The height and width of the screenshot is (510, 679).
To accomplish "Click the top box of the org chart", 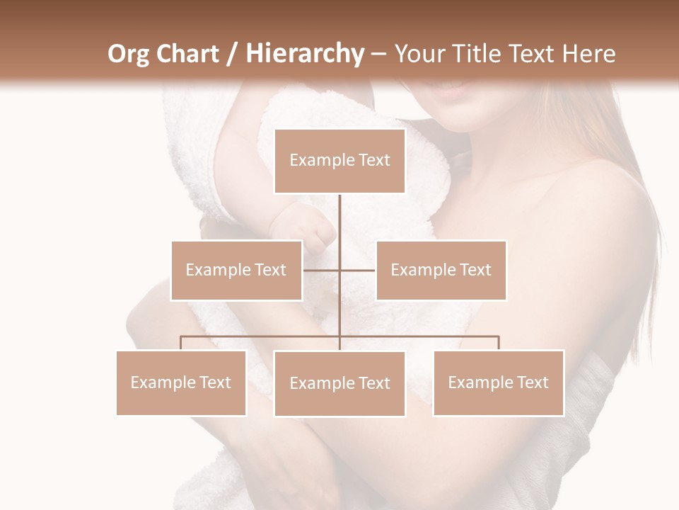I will coord(339,161).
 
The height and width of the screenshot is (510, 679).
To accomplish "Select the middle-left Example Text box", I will coord(236,270).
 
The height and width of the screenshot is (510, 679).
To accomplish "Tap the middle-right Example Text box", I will coord(441,270).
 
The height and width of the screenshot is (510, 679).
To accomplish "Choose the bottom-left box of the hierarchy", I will coord(181,382).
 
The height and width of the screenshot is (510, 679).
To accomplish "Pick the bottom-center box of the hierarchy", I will coord(339,383).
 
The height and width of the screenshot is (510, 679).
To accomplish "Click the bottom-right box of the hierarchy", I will coord(499,382).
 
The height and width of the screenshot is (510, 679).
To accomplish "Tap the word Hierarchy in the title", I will coord(304,54).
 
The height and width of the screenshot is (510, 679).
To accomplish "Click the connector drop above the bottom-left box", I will coord(181,343).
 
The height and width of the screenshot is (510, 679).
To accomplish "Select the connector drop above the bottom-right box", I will coord(499,343).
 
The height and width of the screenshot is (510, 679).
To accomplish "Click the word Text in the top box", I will coord(373,160).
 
